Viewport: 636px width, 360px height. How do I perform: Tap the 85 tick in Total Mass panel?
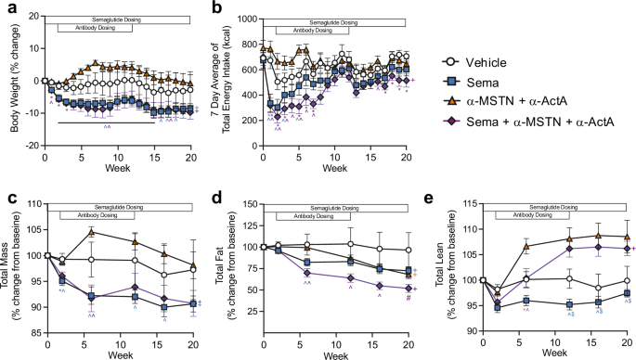click(x=34, y=331)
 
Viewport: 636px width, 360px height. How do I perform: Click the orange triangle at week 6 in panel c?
click(x=91, y=232)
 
